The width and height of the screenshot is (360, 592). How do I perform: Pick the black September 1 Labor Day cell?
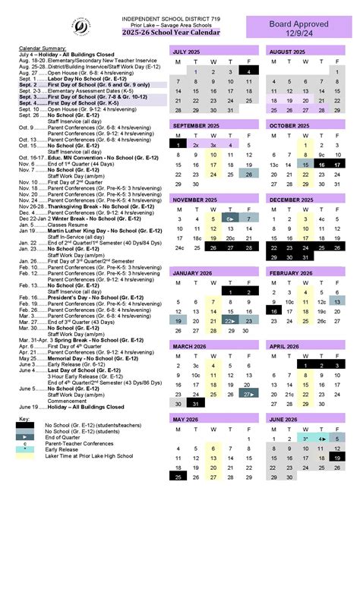point(178,143)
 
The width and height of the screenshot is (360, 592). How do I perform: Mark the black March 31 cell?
point(196,403)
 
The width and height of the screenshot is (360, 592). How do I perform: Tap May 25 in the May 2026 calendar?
point(178,477)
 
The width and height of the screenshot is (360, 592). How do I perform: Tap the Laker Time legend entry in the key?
point(89,456)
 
